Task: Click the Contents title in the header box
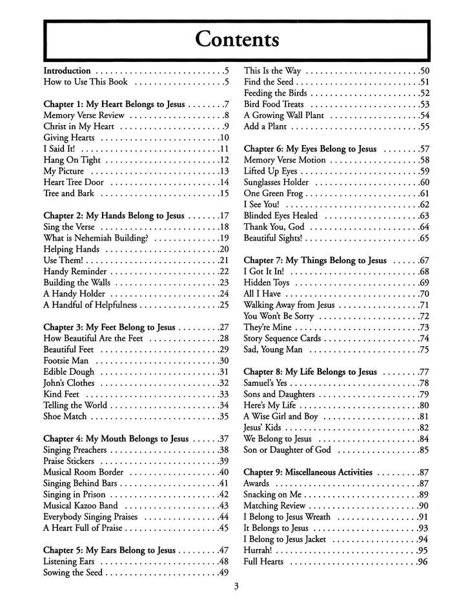tap(237, 40)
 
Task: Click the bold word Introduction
tap(67, 70)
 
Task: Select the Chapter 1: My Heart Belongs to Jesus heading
tap(114, 104)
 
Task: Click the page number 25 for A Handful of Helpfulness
tap(224, 304)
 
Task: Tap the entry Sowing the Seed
tap(73, 572)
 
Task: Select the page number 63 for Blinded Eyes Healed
tap(424, 215)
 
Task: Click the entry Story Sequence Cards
tap(281, 338)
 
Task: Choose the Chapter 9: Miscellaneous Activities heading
tap(308, 472)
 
